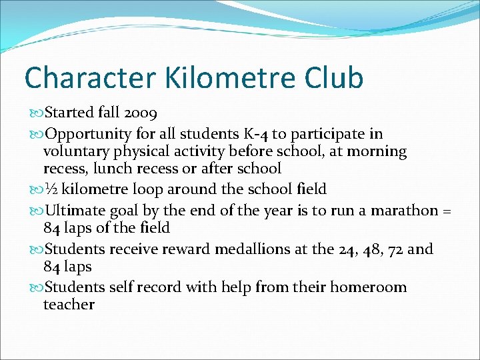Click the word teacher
click(x=69, y=305)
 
